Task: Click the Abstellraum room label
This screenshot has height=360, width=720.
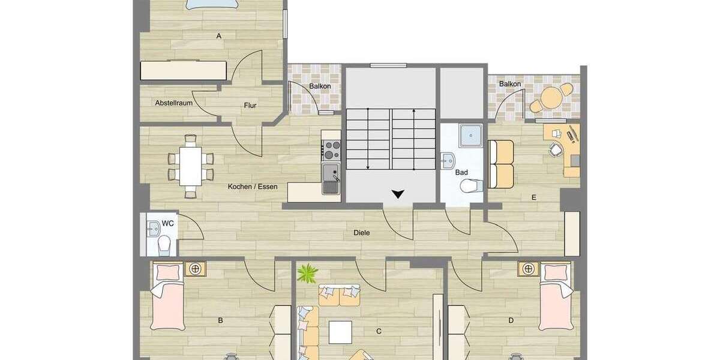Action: (173, 103)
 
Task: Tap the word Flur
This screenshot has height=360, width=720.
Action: (250, 106)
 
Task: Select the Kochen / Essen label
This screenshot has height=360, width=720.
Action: (253, 187)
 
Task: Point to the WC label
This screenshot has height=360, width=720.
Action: (169, 223)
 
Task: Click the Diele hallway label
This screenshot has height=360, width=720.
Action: (361, 233)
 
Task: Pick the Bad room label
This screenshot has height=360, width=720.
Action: (461, 172)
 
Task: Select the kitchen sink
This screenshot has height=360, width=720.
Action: (331, 178)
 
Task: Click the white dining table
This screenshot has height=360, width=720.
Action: (191, 166)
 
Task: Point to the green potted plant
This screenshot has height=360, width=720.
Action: (308, 273)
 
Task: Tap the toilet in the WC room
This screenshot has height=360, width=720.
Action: (164, 244)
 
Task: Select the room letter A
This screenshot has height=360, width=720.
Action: (219, 37)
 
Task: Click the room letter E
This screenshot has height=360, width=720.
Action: (533, 197)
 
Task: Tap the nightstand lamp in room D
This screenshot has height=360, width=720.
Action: (529, 269)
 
